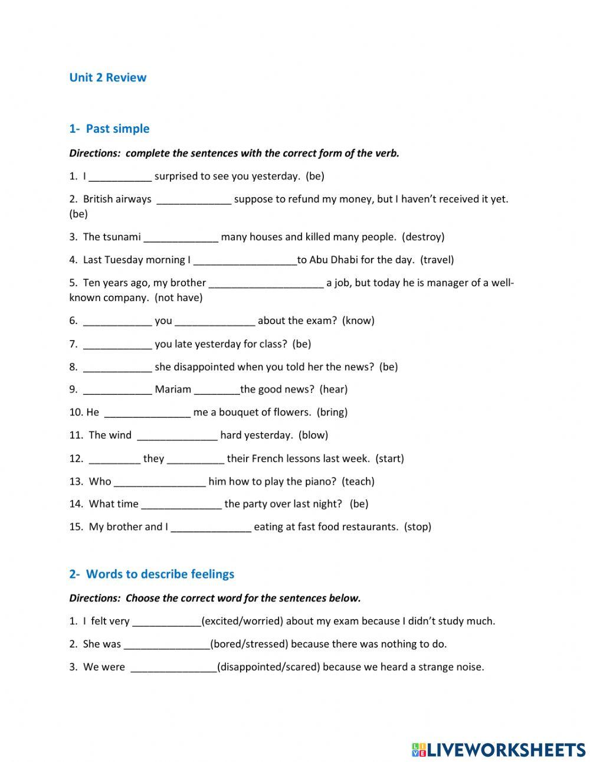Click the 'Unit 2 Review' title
108,77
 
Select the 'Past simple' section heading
117,129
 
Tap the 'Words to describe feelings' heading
160,574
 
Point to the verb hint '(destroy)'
423,237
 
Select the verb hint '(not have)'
179,297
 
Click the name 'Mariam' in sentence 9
173,389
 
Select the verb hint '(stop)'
418,526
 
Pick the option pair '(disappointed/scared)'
268,667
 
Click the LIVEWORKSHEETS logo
499,750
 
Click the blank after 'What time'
181,505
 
